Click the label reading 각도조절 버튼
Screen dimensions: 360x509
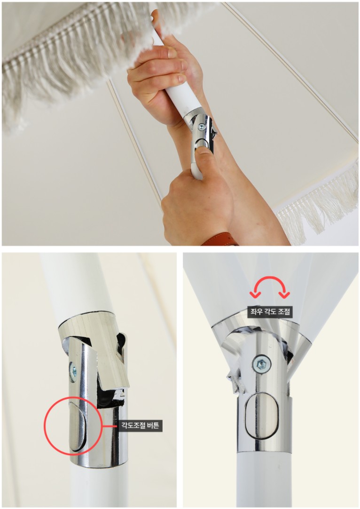point(140,425)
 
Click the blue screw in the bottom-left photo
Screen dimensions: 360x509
point(73,371)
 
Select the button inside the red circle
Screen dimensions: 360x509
point(77,426)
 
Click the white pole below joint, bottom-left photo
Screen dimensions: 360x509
point(97,487)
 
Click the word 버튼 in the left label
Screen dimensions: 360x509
point(153,425)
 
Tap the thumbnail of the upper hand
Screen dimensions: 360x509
point(180,78)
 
